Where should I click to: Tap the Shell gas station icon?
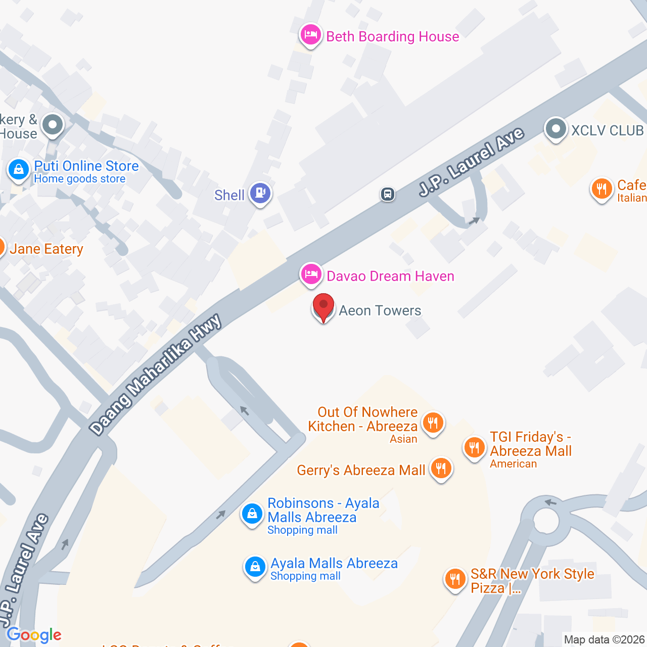point(260,193)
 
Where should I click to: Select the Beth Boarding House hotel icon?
point(310,35)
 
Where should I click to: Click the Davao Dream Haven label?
point(390,276)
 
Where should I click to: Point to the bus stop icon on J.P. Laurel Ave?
point(388,194)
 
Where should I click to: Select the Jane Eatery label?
point(47,249)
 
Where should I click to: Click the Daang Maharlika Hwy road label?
point(156,374)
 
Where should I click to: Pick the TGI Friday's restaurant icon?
point(474,447)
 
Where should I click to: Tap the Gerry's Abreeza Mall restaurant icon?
point(441,469)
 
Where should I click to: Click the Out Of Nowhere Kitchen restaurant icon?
point(433,422)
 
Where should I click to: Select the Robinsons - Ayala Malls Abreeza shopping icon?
point(252,514)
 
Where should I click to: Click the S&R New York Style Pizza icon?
point(455,579)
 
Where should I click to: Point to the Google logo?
point(34,635)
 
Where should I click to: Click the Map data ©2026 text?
point(604,639)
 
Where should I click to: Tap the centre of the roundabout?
point(546,521)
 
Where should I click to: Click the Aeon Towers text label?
point(380,310)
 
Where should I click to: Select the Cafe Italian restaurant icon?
point(602,189)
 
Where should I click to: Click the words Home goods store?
point(80,179)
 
